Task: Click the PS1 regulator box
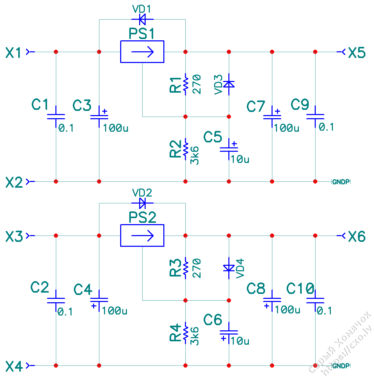tap(142, 52)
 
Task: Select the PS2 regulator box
tap(142, 235)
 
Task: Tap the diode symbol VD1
tap(142, 19)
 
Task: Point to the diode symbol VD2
tap(142, 203)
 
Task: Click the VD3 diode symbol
tap(229, 84)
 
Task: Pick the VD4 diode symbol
tap(229, 268)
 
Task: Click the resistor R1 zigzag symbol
tap(185, 84)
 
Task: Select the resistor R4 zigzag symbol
tap(185, 332)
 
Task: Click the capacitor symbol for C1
tap(56, 117)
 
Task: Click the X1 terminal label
tap(14, 53)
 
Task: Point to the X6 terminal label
tap(357, 236)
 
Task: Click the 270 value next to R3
tap(197, 268)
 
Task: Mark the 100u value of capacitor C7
tap(286, 128)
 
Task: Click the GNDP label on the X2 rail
tap(341, 182)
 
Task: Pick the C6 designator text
tap(213, 320)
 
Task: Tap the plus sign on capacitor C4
tap(94, 306)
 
